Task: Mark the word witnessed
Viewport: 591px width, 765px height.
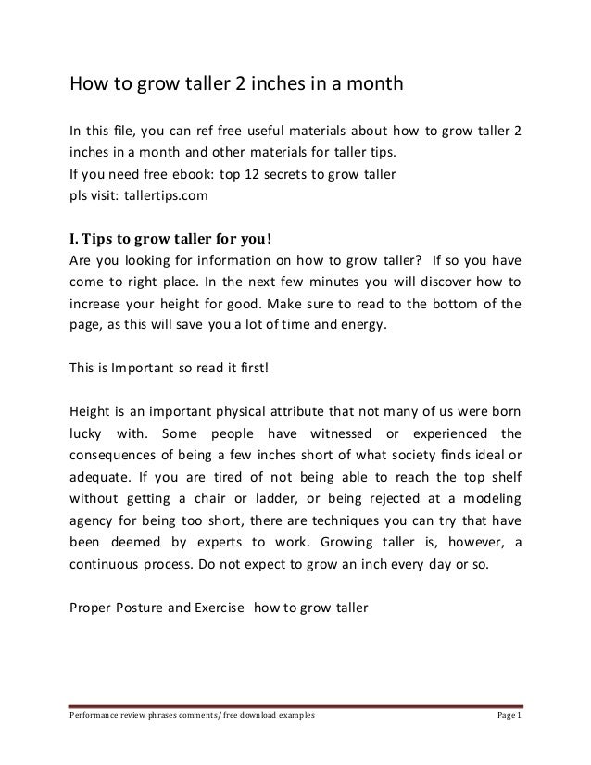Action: click(330, 433)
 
